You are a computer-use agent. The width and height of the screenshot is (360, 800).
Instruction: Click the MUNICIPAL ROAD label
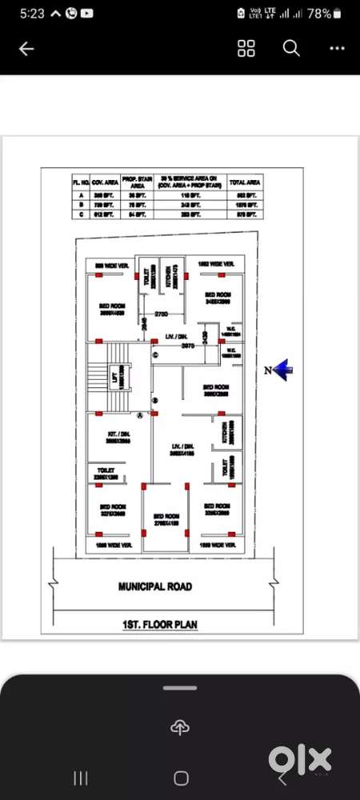[x=155, y=586]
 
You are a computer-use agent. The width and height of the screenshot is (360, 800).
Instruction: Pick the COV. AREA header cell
[x=105, y=182]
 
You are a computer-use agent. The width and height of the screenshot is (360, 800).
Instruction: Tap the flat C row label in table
[x=77, y=214]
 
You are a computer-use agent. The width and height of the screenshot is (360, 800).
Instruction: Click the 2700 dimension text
[x=160, y=313]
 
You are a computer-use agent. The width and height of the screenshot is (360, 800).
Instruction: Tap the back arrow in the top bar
[x=26, y=49]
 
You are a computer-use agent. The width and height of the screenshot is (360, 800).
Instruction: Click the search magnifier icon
[x=291, y=49]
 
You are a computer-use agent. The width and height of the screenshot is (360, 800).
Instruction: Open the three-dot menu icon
[x=337, y=49]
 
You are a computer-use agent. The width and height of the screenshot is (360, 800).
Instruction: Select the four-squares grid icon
[x=246, y=49]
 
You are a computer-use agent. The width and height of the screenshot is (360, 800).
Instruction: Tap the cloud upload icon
[x=180, y=726]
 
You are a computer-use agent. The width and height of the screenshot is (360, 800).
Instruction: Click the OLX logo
[x=300, y=758]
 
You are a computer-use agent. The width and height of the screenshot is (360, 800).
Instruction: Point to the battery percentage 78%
[x=318, y=14]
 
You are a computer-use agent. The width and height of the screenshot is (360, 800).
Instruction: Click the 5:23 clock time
[x=33, y=14]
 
